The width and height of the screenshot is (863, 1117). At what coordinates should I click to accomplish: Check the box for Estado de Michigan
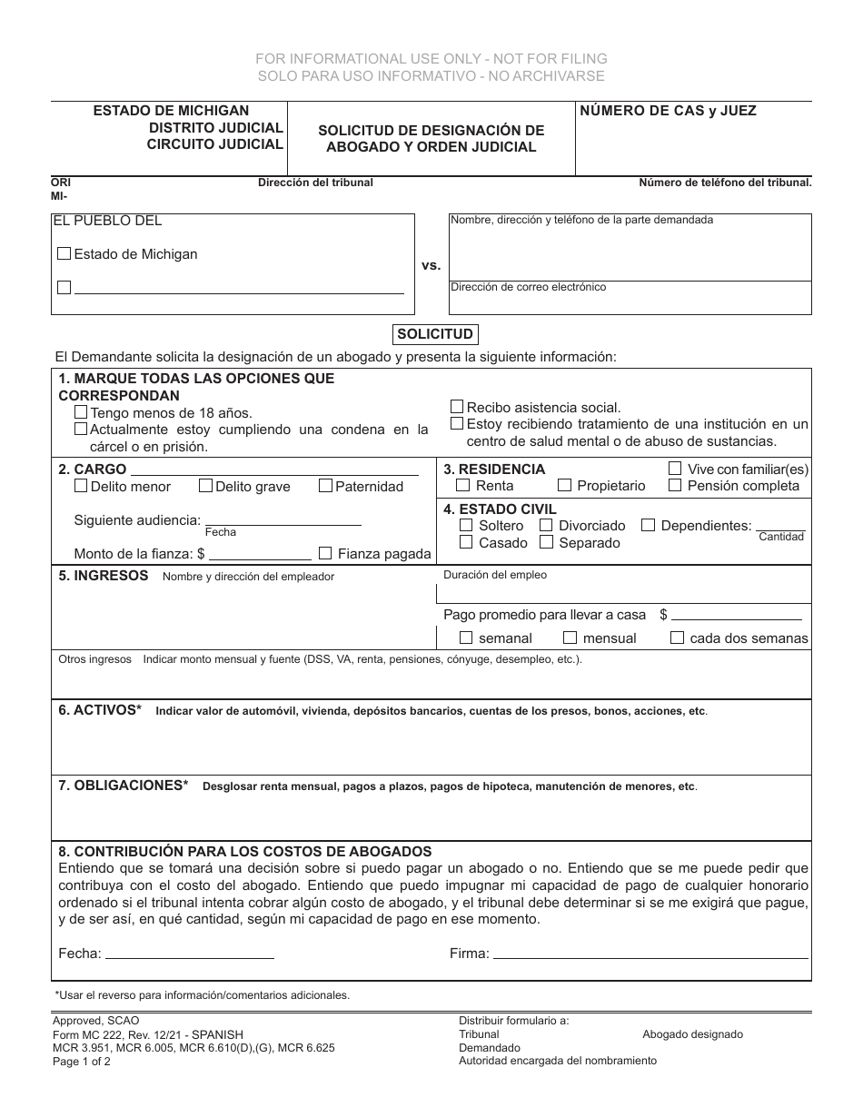click(x=64, y=254)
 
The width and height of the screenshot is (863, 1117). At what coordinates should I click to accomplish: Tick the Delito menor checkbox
click(x=82, y=486)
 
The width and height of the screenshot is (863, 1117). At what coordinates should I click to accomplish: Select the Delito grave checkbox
click(x=205, y=486)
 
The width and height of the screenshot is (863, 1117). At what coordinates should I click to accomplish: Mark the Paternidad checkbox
click(x=325, y=486)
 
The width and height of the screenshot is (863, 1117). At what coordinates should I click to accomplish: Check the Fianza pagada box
click(x=325, y=553)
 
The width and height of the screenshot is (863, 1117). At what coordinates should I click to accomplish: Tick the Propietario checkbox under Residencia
click(x=565, y=486)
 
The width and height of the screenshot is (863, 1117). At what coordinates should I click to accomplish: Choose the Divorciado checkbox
click(x=547, y=525)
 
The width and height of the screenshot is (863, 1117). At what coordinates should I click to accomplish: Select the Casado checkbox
click(x=466, y=542)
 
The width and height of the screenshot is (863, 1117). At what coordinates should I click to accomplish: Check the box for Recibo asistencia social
click(x=457, y=407)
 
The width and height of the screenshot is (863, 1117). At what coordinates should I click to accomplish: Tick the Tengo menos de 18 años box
click(x=81, y=412)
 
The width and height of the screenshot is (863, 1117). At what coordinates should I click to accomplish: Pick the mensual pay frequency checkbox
click(x=570, y=638)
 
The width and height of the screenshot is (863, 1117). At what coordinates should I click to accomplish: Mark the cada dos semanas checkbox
click(x=677, y=638)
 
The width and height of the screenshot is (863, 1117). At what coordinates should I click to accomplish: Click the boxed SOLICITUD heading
click(x=435, y=334)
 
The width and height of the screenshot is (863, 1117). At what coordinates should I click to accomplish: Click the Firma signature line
click(x=650, y=953)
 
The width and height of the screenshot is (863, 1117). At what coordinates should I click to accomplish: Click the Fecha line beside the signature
click(x=190, y=953)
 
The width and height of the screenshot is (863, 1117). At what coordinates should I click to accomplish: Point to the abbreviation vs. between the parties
click(x=431, y=265)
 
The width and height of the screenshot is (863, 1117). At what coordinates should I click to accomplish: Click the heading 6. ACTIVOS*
click(x=100, y=710)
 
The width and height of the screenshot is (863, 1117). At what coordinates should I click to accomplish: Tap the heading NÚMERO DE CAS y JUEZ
click(x=668, y=111)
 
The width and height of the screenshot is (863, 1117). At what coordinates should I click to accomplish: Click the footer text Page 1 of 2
click(x=82, y=1061)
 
